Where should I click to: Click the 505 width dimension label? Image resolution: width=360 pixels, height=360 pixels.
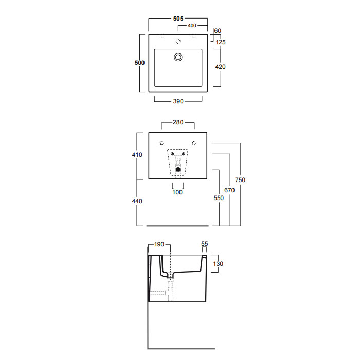[x=178, y=19]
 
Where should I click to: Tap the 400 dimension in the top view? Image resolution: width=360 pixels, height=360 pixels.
[x=192, y=26]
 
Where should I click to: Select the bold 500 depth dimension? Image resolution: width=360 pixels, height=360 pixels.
[x=139, y=63]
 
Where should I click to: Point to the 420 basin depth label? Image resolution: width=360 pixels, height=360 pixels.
[x=221, y=67]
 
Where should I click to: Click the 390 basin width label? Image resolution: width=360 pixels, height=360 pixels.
[x=178, y=101]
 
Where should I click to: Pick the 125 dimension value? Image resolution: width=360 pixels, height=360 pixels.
[x=221, y=42]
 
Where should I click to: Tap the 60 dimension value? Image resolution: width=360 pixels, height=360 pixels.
[x=218, y=31]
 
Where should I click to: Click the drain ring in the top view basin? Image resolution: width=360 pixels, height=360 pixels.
[x=178, y=57]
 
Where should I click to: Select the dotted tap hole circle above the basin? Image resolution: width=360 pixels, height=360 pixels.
[x=178, y=41]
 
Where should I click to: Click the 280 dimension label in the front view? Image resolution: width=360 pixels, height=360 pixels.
[x=178, y=122]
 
